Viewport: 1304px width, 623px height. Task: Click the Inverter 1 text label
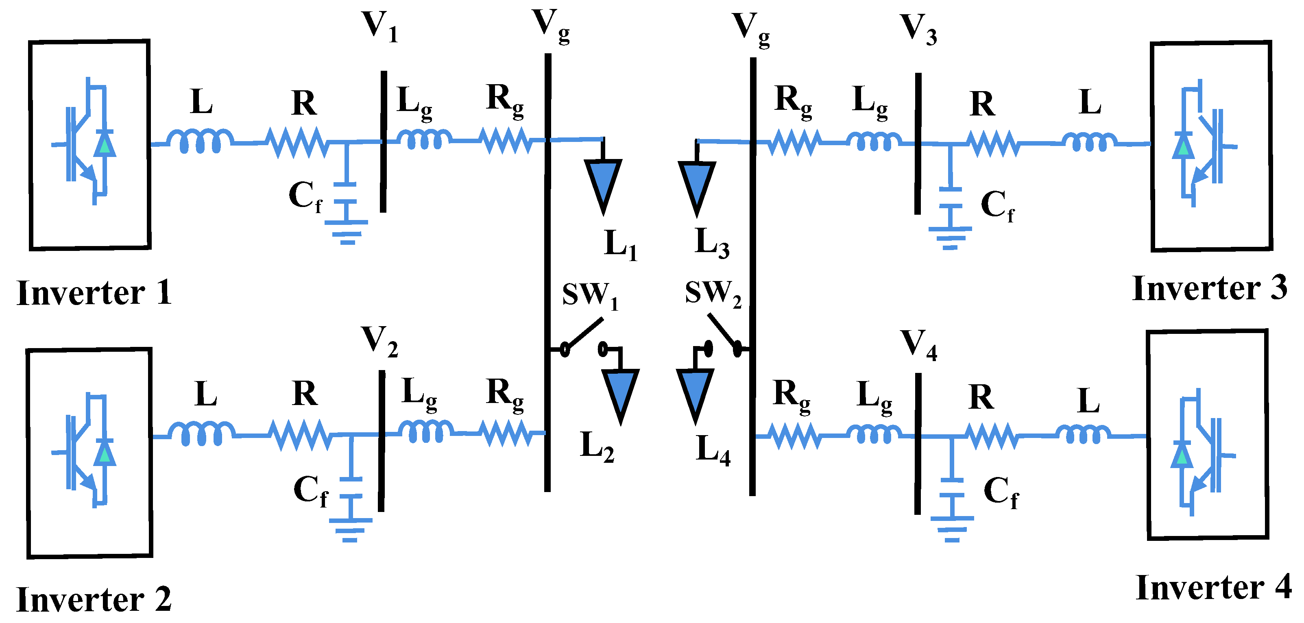94,293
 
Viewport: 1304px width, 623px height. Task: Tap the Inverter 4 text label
1213,588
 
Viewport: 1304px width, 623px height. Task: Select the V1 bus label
379,26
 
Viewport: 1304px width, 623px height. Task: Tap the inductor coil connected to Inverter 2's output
201,434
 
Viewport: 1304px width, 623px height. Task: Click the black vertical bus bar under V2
381,440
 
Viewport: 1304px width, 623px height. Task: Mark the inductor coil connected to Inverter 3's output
1089,142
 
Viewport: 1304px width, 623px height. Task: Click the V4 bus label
918,345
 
